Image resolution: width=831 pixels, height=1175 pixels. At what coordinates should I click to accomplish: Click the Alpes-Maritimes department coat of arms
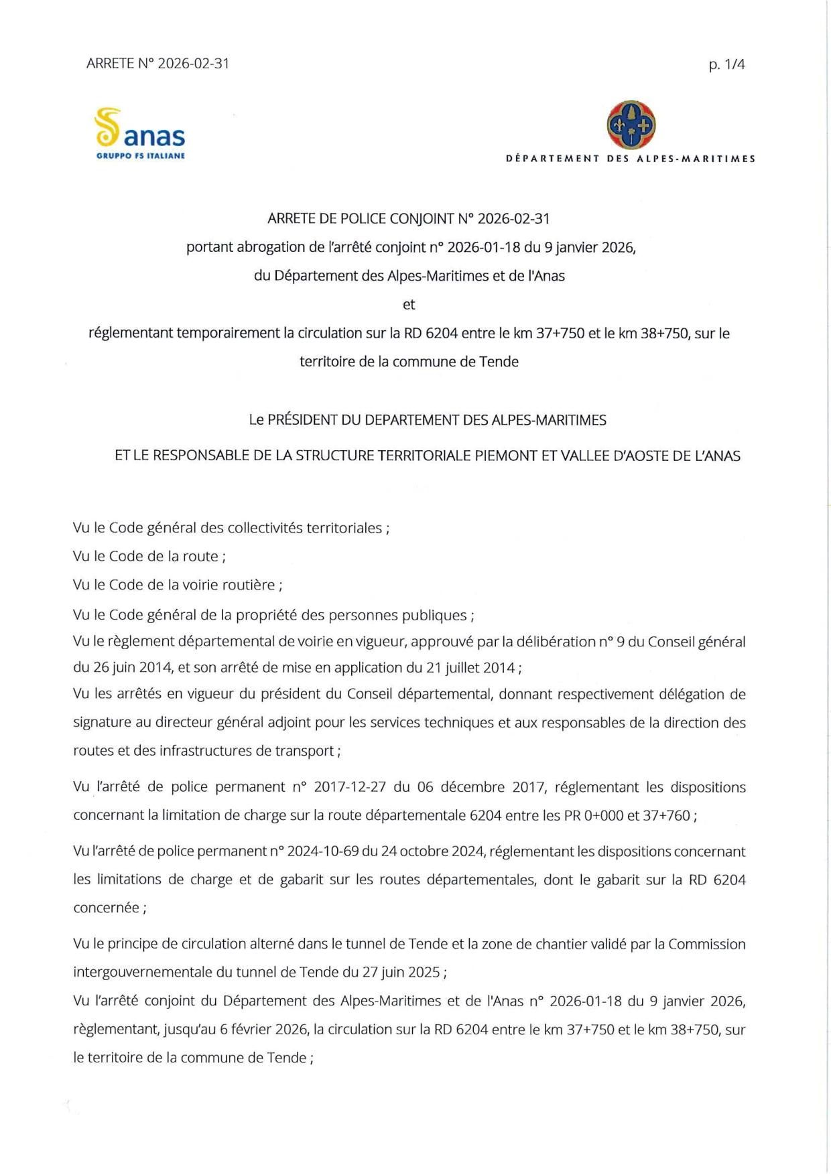(x=631, y=125)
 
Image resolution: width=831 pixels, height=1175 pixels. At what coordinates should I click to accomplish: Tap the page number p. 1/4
(x=726, y=65)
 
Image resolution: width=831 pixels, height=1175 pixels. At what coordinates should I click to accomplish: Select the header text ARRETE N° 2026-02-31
(x=157, y=64)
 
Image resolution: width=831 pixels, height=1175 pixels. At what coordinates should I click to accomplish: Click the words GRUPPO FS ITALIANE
(x=140, y=156)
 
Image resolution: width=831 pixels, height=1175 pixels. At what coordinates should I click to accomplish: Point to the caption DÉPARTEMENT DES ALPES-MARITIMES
(x=631, y=159)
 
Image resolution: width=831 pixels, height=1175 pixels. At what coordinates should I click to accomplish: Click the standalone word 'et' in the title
(x=409, y=305)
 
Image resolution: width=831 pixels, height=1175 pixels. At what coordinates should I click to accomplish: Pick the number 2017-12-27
(x=348, y=787)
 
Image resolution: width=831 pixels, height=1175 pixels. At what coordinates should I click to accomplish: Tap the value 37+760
(x=667, y=815)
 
